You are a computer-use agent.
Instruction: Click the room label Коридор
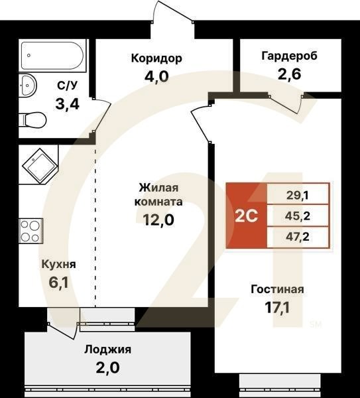tap(156, 58)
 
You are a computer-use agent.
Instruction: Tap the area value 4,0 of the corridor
tap(156, 76)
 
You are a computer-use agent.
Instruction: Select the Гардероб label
tap(289, 56)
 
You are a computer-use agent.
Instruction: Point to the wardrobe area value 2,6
tap(289, 74)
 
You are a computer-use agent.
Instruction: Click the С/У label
tap(67, 85)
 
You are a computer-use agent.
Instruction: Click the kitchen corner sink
tap(38, 165)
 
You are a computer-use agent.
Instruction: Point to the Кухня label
tap(58, 264)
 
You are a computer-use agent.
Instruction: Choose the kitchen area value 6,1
tap(58, 282)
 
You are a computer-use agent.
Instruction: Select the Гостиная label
tap(277, 289)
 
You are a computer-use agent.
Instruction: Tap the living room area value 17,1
tap(277, 307)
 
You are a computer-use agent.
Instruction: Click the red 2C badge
tap(246, 215)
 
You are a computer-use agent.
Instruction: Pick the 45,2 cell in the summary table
tap(298, 215)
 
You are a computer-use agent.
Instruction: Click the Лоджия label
tap(107, 350)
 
